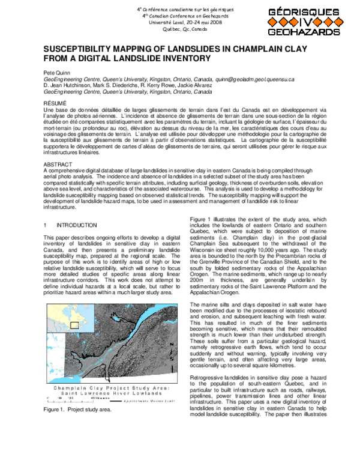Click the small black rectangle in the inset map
pyautogui.click(x=74, y=325)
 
